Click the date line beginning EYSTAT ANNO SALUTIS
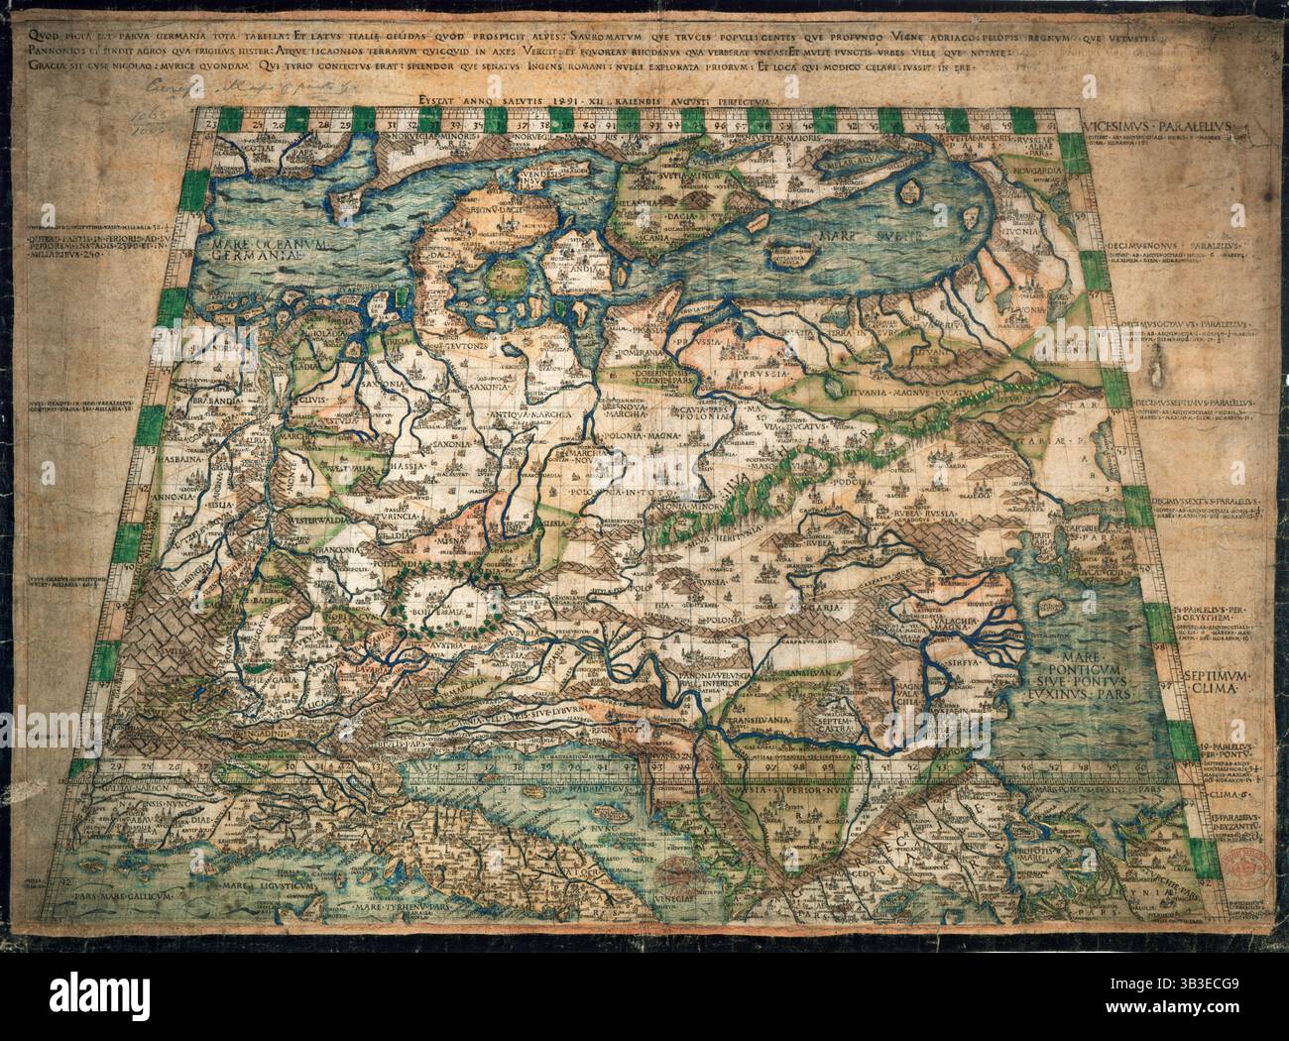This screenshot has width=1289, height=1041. [592, 100]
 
